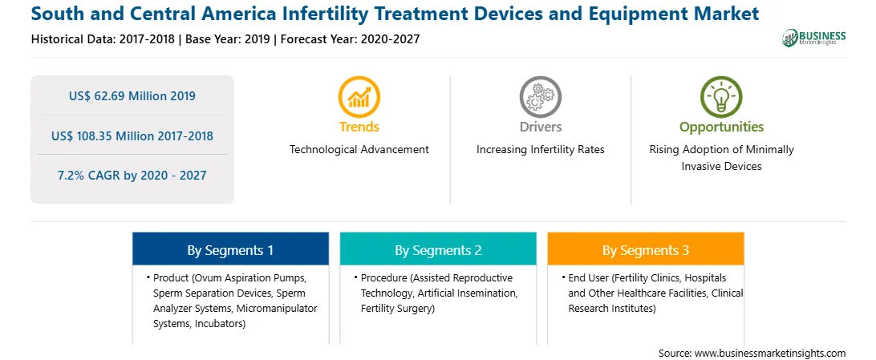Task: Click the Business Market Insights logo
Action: [814, 38]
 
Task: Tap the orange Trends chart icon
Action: [359, 96]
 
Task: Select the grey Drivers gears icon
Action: [540, 96]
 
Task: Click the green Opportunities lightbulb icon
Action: [721, 96]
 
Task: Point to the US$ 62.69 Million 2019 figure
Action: [132, 96]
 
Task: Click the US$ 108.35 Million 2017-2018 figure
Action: [132, 136]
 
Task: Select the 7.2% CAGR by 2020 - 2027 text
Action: [132, 176]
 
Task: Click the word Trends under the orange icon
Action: [359, 127]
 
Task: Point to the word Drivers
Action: [540, 127]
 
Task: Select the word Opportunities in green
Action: [721, 127]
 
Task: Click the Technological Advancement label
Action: [359, 150]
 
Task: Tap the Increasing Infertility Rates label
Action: [540, 150]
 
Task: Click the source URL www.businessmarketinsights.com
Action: [769, 353]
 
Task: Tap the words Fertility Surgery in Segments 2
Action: [395, 308]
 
